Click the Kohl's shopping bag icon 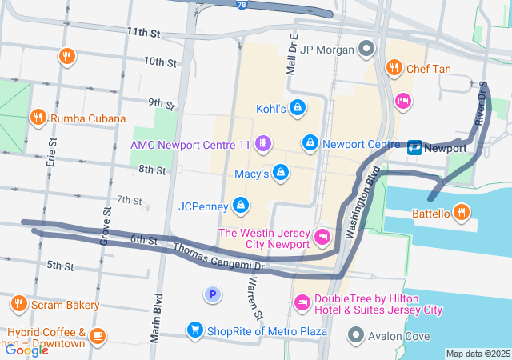click(297, 108)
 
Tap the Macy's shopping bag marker click(281, 173)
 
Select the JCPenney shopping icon click(239, 206)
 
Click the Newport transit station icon click(415, 147)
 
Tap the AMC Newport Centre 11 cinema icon click(262, 144)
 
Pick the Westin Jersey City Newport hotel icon click(322, 237)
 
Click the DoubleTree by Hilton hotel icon click(302, 302)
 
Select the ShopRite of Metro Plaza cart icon click(194, 330)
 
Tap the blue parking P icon click(212, 295)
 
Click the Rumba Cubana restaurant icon click(37, 118)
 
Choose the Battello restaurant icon click(461, 213)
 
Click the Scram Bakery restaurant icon click(19, 304)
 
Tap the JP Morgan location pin click(366, 50)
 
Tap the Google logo click(26, 350)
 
